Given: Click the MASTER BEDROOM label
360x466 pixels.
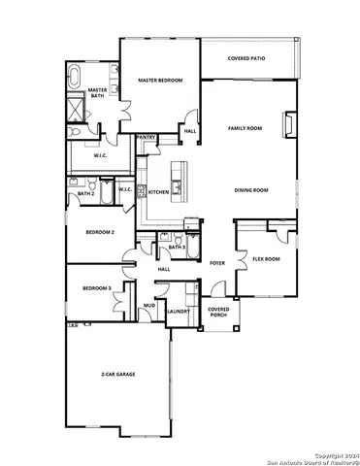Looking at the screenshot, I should click(x=159, y=81).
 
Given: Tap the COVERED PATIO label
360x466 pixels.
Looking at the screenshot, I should click(x=246, y=58).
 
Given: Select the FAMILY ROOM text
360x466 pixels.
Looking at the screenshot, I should click(x=245, y=128).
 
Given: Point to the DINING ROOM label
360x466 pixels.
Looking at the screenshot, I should click(x=250, y=190).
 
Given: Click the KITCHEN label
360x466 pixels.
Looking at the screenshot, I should click(x=158, y=192).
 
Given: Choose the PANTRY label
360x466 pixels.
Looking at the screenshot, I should click(x=147, y=138).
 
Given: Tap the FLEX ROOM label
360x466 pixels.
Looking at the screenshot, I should click(x=266, y=259).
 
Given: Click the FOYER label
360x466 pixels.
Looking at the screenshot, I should click(x=217, y=262).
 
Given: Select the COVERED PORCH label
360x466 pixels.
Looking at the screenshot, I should click(x=218, y=312).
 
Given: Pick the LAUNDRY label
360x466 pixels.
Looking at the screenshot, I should click(x=177, y=312).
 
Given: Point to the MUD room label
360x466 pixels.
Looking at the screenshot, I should click(x=149, y=306).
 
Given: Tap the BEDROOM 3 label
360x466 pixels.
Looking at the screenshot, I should click(x=96, y=288).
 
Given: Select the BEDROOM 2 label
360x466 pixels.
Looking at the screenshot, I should click(x=100, y=232).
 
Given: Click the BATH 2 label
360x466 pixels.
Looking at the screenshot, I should click(x=85, y=194).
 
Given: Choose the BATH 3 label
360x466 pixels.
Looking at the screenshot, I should click(x=177, y=248).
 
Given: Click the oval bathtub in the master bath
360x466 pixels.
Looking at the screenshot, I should click(x=77, y=74).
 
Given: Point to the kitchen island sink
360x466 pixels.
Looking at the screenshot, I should click(x=177, y=176).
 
